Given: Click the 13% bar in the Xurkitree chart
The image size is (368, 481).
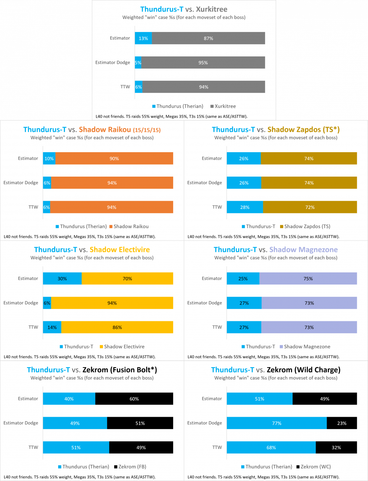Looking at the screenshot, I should coord(143,38).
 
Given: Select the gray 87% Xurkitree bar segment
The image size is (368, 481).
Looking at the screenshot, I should coord(208,38).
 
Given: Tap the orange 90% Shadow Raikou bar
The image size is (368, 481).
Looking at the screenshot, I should coord(114,159).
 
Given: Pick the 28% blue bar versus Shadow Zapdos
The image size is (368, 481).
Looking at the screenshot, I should coord(244,207).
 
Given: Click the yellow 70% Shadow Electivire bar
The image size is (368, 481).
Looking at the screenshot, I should coord(127,279).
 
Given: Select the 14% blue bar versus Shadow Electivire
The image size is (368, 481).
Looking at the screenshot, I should coord(52,327).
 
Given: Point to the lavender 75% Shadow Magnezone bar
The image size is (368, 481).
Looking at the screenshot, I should coord(308,279).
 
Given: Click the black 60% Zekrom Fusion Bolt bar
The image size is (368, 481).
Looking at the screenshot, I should coord(134,399).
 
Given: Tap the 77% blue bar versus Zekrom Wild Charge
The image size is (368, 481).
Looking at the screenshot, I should coord(277,423).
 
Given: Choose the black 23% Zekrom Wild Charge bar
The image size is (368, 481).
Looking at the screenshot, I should coord(342,423).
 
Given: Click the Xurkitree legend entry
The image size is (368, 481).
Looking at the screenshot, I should coord(223,106).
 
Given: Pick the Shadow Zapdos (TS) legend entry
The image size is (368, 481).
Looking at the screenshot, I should coord(305,227).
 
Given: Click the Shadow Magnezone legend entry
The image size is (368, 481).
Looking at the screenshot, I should coord(305,347).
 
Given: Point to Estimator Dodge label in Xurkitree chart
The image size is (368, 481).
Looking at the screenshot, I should coord(113,62).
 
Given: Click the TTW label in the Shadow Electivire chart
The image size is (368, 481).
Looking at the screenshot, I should coord(33,327).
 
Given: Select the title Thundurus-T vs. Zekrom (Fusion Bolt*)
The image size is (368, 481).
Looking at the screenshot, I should coord(92,370).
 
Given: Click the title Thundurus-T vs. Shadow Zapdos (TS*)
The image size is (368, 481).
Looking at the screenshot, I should coord(276,130).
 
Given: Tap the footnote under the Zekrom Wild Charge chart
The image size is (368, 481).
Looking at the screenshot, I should coord(263,477).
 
